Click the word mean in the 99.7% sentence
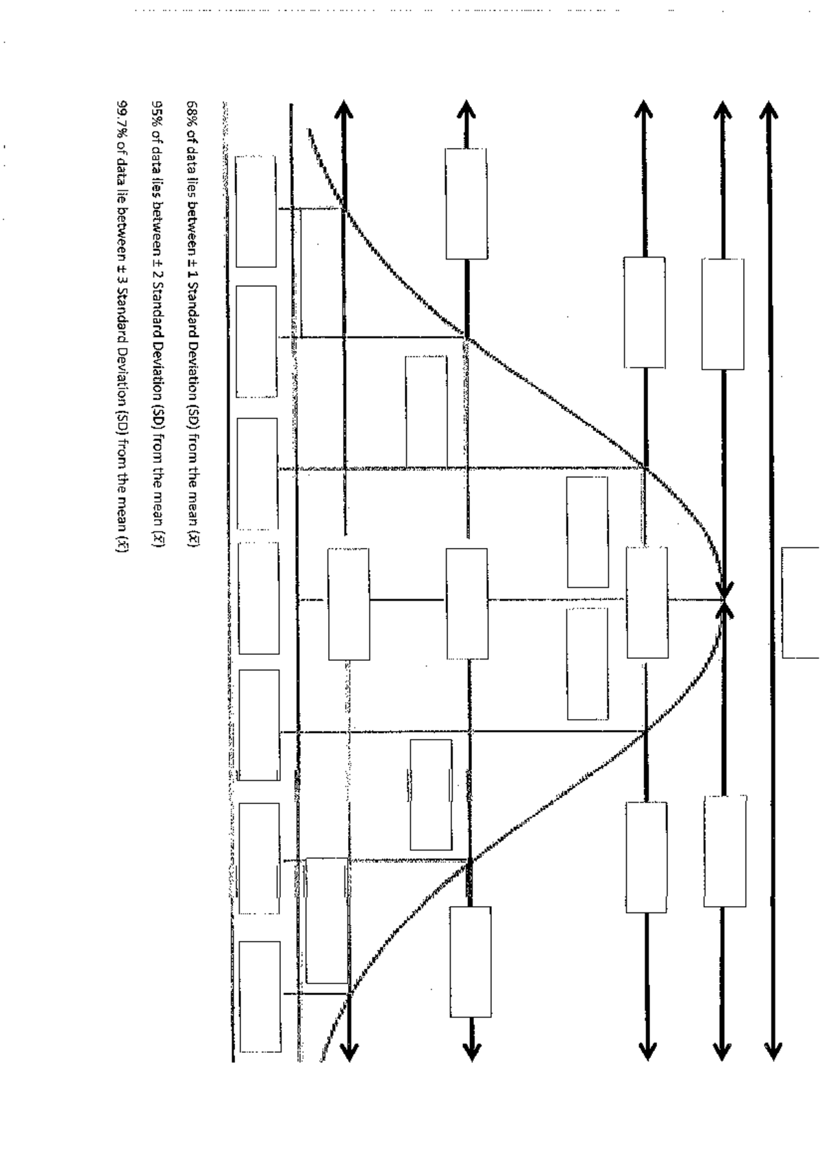tap(122, 513)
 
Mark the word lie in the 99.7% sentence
tap(122, 184)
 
